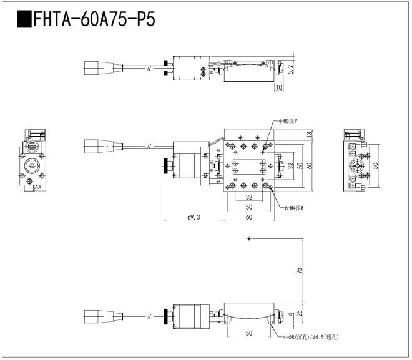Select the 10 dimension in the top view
tap(278, 89)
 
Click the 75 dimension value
tap(299, 271)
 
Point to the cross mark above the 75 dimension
tap(249, 239)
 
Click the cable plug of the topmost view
tap(97, 67)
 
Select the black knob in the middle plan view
tap(166, 166)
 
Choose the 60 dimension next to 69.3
tap(248, 218)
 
